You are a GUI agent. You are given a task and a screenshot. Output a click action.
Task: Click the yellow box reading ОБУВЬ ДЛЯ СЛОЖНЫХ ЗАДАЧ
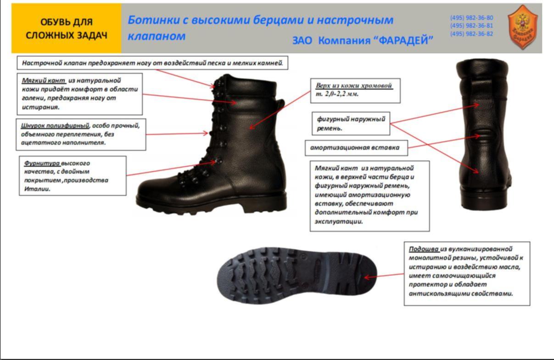click(66, 28)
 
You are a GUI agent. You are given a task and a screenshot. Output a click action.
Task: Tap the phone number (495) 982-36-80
click(472, 18)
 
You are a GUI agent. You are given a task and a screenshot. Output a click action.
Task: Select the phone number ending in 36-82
click(472, 34)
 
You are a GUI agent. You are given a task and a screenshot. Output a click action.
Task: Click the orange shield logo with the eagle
click(522, 27)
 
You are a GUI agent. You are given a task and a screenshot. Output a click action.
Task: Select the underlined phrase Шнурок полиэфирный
click(55, 126)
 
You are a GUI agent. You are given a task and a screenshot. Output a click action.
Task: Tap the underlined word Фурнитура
click(42, 163)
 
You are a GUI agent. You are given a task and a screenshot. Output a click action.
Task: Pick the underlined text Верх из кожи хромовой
click(354, 85)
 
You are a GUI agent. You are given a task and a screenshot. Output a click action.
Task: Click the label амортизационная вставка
click(355, 148)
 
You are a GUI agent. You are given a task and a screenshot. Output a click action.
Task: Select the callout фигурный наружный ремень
click(351, 124)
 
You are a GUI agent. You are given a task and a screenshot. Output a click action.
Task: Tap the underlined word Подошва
click(424, 249)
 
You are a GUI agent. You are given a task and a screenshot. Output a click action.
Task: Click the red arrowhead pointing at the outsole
click(368, 277)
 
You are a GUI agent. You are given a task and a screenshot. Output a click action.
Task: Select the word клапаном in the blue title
click(157, 36)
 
